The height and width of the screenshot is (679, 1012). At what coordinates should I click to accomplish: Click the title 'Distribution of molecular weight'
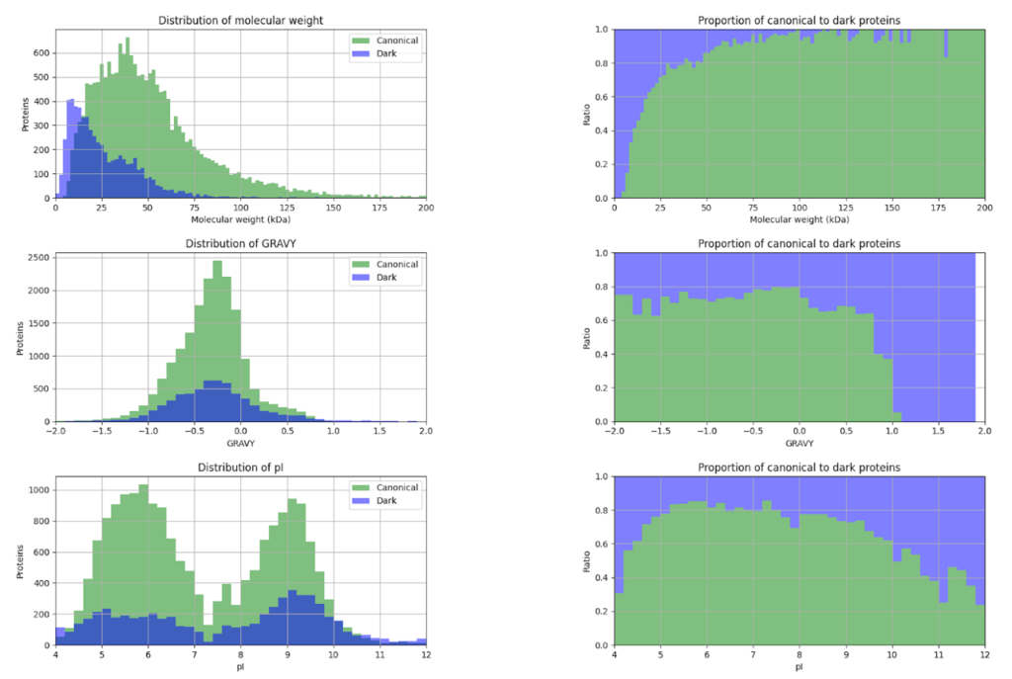(x=241, y=20)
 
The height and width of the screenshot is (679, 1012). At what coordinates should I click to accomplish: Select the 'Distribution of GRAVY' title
(x=241, y=243)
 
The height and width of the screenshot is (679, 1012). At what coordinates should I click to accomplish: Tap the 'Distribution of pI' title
(x=241, y=467)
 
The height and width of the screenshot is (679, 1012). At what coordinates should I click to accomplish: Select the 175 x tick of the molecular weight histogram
(x=379, y=209)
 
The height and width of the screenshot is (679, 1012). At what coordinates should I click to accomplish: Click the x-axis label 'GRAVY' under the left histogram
(x=241, y=445)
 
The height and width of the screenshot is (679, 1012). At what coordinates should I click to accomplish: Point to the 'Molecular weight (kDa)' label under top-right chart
(x=800, y=220)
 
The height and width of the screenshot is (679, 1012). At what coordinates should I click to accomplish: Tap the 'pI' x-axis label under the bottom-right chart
(x=800, y=667)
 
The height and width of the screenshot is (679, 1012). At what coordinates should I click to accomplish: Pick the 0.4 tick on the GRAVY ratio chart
(x=601, y=355)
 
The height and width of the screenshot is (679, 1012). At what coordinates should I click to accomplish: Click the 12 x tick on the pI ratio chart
(x=985, y=656)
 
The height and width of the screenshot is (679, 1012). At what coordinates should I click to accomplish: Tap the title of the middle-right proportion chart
(x=800, y=243)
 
